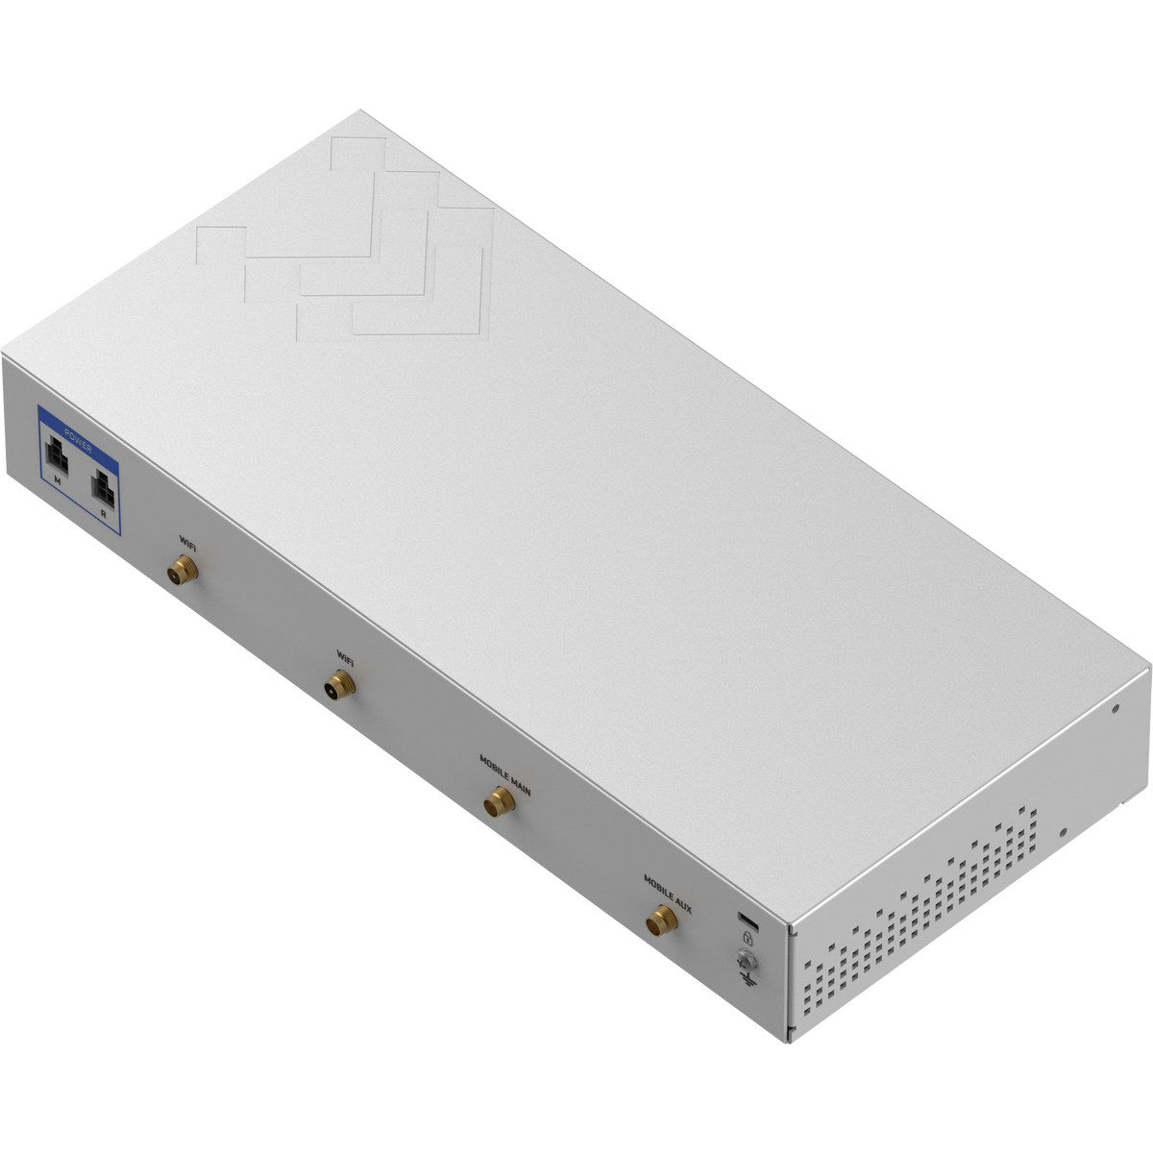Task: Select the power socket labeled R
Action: point(102,490)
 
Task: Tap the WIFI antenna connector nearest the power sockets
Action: point(180,573)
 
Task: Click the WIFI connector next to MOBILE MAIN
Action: point(339,685)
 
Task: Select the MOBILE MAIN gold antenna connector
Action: point(498,800)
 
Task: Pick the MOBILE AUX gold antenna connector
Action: point(660,921)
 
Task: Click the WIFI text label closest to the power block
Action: point(188,540)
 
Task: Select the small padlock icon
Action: point(747,936)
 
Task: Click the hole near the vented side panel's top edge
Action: point(1114,710)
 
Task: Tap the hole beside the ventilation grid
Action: point(1063,832)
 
